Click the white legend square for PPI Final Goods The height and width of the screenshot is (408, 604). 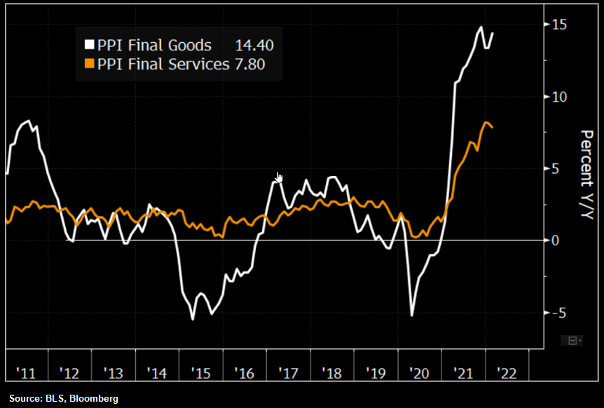point(89,46)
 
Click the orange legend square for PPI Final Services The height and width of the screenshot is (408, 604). point(89,65)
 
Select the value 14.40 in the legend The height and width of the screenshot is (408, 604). point(254,46)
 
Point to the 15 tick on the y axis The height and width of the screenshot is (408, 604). point(558,25)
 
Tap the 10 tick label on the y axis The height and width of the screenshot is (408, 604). point(558,97)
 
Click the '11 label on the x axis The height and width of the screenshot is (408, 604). point(25,372)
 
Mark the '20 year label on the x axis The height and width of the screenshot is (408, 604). point(418,372)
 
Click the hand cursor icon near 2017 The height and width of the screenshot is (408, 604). point(280,177)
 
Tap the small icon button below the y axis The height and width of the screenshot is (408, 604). point(572,341)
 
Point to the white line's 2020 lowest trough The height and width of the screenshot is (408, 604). point(411,315)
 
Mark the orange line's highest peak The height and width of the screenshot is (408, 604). point(487,122)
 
